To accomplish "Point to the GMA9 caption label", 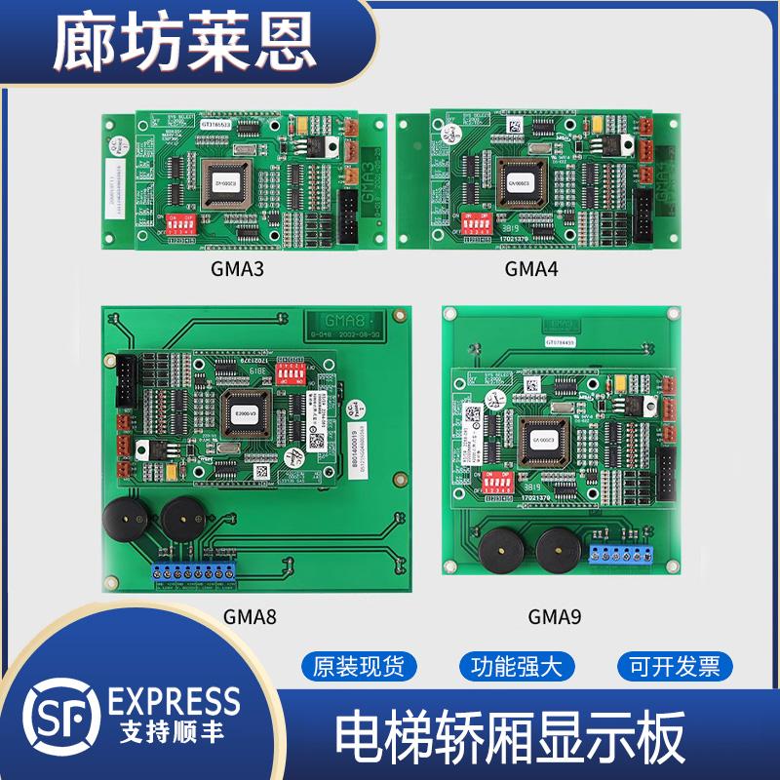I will click(555, 616).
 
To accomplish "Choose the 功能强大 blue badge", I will click(518, 667).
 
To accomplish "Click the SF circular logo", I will click(60, 719).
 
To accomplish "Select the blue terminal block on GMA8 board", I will click(196, 572).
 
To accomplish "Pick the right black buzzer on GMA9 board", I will click(557, 550).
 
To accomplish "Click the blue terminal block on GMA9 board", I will click(621, 554).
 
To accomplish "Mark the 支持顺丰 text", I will click(175, 731).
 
